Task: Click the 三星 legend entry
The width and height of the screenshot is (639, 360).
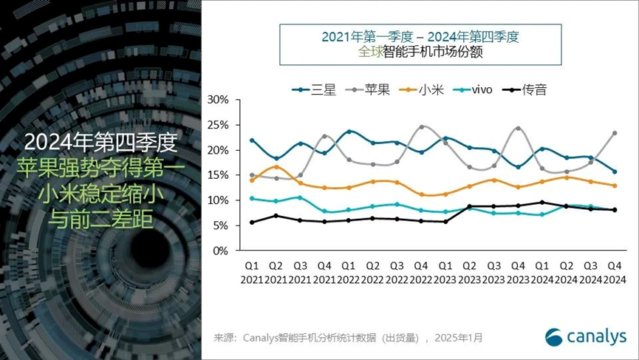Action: click(315, 90)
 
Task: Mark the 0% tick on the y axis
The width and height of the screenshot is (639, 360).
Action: click(220, 251)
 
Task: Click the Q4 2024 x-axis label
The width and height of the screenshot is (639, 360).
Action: click(614, 271)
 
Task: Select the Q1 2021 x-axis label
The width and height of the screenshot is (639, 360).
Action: click(252, 271)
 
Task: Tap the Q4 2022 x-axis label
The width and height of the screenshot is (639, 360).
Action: click(421, 271)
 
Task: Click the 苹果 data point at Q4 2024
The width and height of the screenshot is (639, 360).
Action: click(614, 133)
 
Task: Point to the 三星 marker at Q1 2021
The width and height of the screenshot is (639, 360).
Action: click(252, 140)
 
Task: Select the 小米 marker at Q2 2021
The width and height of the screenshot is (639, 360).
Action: click(276, 167)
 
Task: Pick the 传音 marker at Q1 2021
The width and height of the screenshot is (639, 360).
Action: click(252, 223)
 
